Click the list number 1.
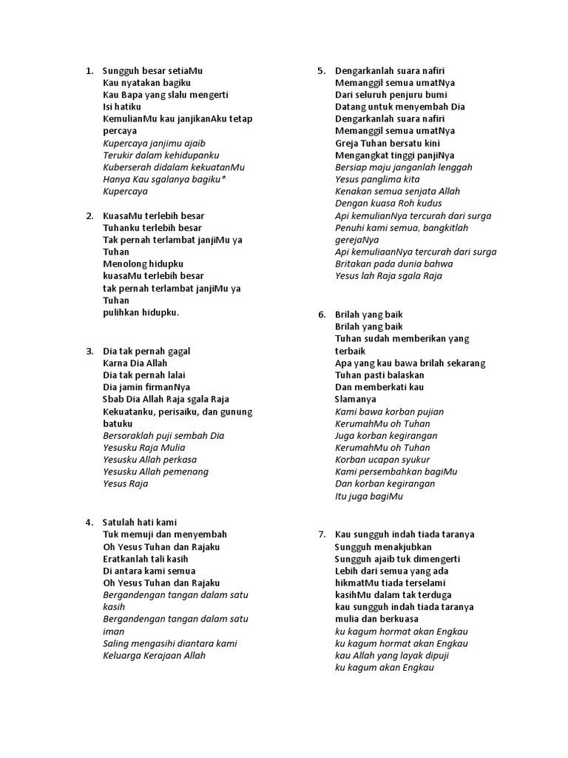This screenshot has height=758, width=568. (89, 71)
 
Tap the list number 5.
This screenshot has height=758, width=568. (321, 71)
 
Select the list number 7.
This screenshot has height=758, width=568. (321, 534)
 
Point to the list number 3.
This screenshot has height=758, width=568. (89, 351)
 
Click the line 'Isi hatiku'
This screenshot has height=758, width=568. (122, 107)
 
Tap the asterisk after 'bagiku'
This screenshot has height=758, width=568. (223, 179)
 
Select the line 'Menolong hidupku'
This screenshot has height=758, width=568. (143, 264)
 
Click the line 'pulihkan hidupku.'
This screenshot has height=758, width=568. (141, 312)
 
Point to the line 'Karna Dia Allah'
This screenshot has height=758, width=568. (135, 363)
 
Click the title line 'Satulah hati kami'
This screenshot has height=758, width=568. (140, 522)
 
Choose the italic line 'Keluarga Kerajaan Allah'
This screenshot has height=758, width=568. (154, 655)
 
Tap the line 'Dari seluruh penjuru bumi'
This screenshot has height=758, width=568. (391, 95)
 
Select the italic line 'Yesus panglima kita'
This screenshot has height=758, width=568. (377, 179)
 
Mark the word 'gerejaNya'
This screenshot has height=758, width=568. (357, 240)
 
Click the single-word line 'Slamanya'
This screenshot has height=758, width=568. (356, 399)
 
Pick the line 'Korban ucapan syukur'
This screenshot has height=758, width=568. (382, 460)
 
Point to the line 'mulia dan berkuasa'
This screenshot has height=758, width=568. (376, 619)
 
